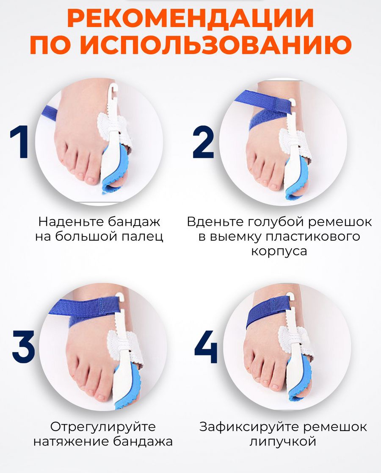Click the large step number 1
(20, 142)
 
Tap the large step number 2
(203, 142)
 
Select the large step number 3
(23, 347)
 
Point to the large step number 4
(206, 347)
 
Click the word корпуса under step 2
(279, 251)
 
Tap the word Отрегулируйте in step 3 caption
(103, 427)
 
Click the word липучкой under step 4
(282, 442)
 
